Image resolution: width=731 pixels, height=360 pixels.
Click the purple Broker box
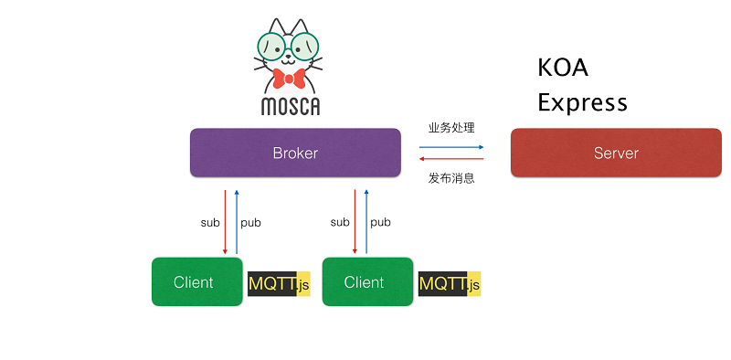point(295,153)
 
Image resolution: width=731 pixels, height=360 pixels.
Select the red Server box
point(616,153)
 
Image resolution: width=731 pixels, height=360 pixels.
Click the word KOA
point(563,69)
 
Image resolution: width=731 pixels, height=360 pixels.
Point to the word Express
point(582,101)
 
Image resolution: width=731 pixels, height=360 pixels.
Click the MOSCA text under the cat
point(291,106)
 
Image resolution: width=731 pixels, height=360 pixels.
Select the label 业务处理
point(451,128)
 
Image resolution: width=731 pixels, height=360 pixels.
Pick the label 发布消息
point(451,178)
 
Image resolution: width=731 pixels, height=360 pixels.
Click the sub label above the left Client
point(210,222)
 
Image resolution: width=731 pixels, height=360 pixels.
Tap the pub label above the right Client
point(380,222)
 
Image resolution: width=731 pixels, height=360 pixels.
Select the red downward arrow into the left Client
point(225,222)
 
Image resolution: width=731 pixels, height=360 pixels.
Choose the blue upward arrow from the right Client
point(367,222)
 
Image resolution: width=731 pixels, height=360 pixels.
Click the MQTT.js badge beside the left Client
point(279,284)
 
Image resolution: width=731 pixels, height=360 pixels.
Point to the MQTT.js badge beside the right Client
point(449,284)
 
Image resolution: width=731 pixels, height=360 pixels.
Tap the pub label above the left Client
point(250,222)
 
